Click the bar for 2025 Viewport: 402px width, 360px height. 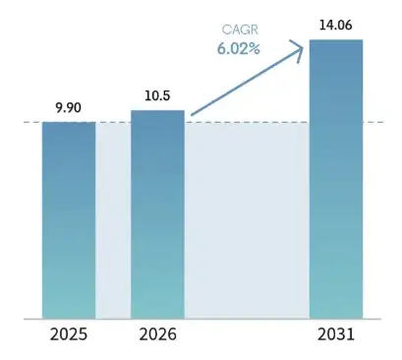pyautogui.click(x=69, y=220)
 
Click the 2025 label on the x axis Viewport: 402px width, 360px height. pyautogui.click(x=69, y=334)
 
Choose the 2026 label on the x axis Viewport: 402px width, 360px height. pyautogui.click(x=157, y=334)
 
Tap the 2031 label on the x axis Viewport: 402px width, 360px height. pyautogui.click(x=336, y=334)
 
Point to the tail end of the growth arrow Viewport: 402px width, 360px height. pyautogui.click(x=194, y=115)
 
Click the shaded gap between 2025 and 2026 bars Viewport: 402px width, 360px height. pyautogui.click(x=113, y=220)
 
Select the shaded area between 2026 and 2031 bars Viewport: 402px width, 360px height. pyautogui.click(x=247, y=220)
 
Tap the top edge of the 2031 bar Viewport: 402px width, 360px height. pyautogui.click(x=336, y=40)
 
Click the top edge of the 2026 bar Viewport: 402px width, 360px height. pyautogui.click(x=157, y=111)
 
